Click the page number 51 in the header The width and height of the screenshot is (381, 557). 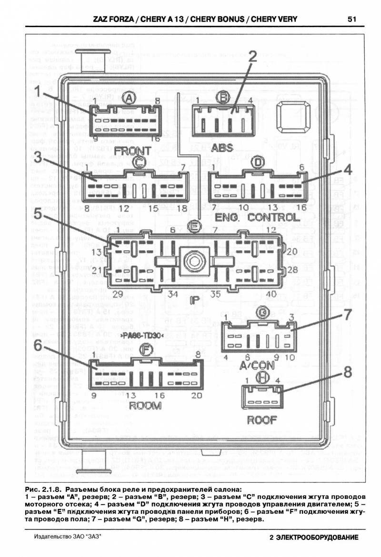coord(352,20)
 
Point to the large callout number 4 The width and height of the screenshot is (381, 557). coord(348,169)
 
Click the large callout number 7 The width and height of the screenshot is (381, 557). coord(348,315)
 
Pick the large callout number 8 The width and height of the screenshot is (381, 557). coord(348,371)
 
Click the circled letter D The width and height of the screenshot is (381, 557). coord(258,163)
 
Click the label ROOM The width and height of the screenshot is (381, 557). coord(145,406)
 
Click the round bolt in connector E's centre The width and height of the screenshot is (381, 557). coord(193,260)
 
